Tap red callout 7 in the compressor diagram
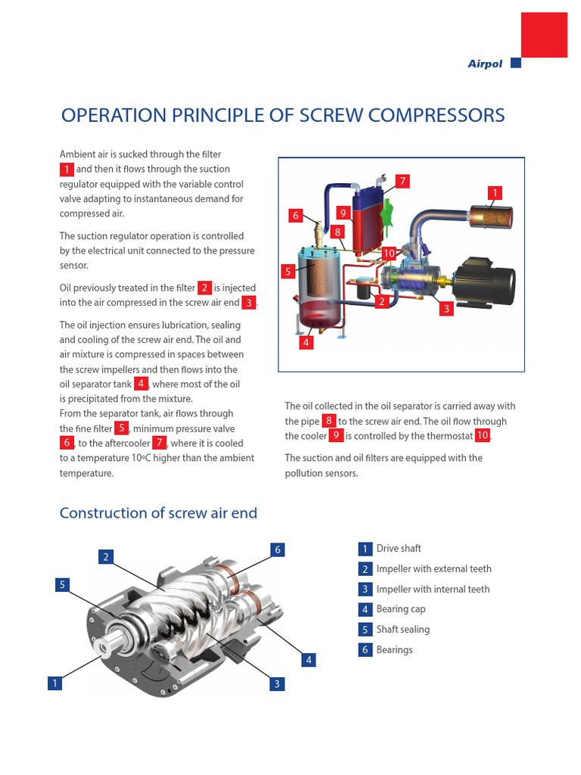(402, 181)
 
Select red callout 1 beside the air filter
(495, 193)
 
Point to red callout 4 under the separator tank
(306, 342)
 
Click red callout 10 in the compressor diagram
(389, 253)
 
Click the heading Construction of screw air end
(158, 513)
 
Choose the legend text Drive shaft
(399, 549)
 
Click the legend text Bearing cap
(401, 609)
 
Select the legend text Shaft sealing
(402, 630)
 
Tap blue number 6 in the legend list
(365, 650)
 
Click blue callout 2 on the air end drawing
(107, 558)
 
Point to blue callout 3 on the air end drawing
(278, 684)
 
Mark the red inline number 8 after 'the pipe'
(328, 422)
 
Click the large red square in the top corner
(544, 36)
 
